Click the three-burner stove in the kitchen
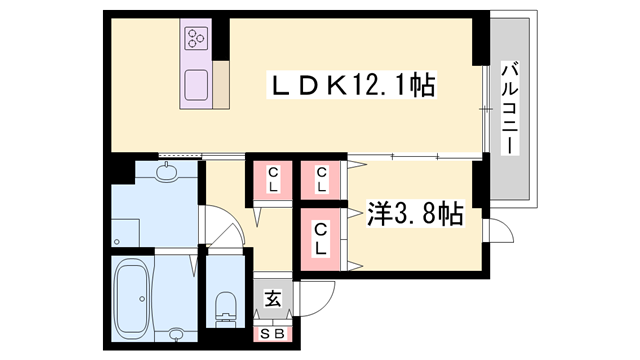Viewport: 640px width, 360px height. [194, 40]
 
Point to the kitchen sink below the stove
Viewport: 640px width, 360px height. [195, 84]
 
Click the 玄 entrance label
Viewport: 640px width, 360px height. [271, 297]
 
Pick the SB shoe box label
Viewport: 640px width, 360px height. [271, 334]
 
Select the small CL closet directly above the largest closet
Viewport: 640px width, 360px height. [322, 181]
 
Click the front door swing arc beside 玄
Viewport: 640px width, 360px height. [318, 297]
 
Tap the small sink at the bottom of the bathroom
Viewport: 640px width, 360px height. [178, 333]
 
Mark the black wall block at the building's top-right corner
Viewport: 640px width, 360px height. [480, 25]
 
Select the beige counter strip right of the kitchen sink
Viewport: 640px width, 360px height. [221, 86]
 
